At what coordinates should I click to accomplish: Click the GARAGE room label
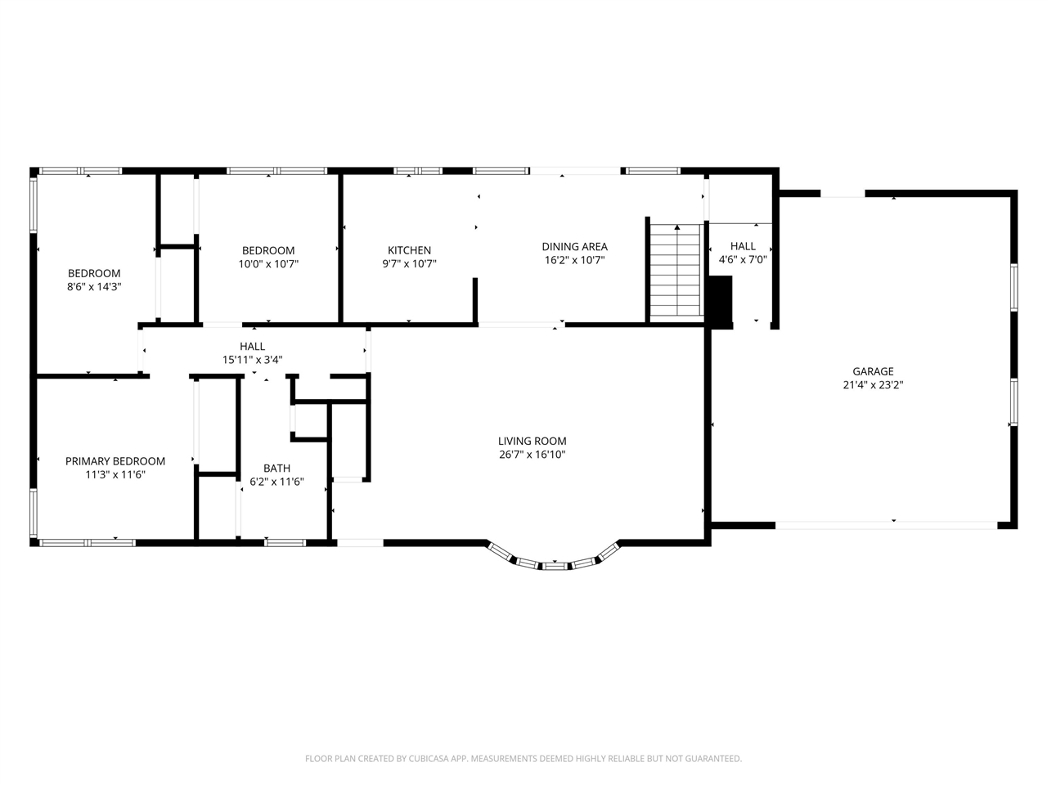873,371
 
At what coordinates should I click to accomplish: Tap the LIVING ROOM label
532,442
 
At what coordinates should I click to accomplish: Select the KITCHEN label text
409,250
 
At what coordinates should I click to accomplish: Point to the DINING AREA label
575,247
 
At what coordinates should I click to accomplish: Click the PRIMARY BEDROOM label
115,461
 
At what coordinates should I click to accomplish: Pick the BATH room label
276,469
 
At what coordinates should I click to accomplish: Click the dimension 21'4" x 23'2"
873,385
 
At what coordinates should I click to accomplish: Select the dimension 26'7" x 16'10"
532,455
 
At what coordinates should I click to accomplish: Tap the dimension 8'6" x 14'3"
94,287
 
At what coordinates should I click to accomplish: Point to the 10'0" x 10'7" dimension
268,264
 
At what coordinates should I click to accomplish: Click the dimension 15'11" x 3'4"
252,360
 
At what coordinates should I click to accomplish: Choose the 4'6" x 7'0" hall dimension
743,260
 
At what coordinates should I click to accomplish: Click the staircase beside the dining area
677,274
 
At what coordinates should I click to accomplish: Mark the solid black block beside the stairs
721,303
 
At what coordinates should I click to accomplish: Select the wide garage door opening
886,525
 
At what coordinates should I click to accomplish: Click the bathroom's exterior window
285,542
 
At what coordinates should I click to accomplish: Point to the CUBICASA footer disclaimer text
523,759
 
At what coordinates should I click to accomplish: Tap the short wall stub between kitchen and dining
475,300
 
